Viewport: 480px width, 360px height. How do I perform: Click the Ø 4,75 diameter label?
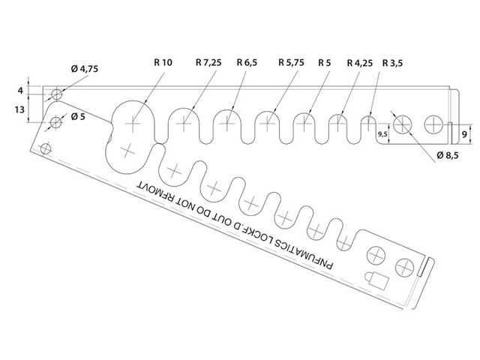[85, 69]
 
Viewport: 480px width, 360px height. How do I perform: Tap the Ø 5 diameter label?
[78, 118]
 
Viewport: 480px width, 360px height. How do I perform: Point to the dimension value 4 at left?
[20, 90]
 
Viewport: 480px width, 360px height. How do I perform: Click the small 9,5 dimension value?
[383, 134]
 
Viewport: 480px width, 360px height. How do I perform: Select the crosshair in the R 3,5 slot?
[369, 121]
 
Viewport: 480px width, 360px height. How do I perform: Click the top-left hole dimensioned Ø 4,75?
[56, 94]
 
